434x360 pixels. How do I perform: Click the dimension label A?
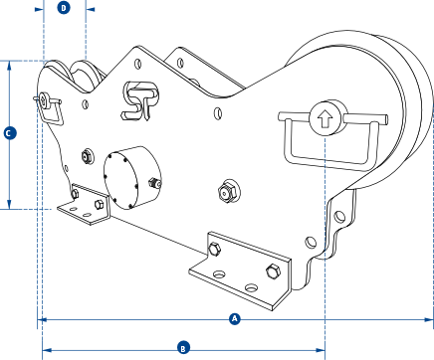(235, 319)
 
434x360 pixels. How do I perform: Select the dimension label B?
(183, 349)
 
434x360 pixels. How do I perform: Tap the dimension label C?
(10, 133)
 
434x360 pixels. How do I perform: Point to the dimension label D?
(64, 7)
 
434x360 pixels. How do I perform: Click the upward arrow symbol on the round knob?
(325, 119)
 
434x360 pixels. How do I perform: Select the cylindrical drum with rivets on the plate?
(132, 178)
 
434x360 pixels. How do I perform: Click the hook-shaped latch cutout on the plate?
(139, 100)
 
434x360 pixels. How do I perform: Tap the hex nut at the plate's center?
(229, 191)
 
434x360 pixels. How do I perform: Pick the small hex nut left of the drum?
(88, 156)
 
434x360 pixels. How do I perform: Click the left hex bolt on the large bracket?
(214, 250)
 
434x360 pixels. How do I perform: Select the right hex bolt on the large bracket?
(273, 271)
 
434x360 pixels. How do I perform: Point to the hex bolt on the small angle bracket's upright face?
(99, 205)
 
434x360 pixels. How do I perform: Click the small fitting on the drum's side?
(155, 183)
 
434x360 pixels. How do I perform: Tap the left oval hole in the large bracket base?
(219, 274)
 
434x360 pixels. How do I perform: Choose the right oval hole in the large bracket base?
(251, 287)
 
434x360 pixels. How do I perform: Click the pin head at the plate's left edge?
(43, 98)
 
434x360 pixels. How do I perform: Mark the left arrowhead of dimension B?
(47, 350)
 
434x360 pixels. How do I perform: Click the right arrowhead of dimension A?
(429, 319)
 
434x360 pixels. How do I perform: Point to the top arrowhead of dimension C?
(9, 66)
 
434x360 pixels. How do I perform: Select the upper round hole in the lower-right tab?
(339, 217)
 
